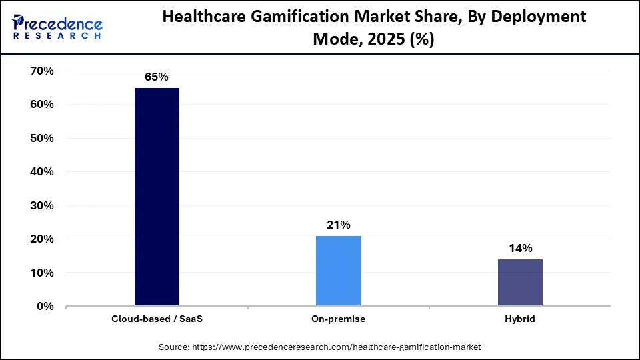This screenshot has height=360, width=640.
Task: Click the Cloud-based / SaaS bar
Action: (x=157, y=197)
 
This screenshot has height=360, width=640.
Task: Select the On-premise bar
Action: (x=338, y=271)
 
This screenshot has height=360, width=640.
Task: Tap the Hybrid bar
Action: (x=520, y=283)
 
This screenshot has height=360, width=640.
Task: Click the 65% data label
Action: (x=157, y=77)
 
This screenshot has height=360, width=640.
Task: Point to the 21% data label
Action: (x=338, y=225)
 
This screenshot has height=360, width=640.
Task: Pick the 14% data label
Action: (x=520, y=249)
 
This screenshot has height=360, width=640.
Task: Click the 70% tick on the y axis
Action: (x=41, y=71)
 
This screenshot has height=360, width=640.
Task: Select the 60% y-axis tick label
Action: (x=41, y=105)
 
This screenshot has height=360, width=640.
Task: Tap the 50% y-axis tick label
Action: (x=41, y=138)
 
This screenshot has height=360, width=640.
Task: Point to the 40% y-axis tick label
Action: (x=41, y=172)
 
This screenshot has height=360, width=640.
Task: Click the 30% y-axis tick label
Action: (x=41, y=205)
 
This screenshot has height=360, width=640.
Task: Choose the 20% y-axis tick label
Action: (x=41, y=239)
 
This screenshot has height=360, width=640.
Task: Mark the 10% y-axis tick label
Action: (x=41, y=273)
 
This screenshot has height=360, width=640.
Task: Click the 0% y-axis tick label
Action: (x=45, y=307)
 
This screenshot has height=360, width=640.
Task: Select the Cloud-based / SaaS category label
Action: (x=157, y=319)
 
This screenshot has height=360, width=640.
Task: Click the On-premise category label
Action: (x=338, y=319)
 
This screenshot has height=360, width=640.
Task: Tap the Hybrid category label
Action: (x=520, y=319)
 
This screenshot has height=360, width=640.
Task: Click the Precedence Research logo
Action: (x=57, y=26)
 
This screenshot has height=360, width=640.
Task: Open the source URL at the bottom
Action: (x=319, y=347)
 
